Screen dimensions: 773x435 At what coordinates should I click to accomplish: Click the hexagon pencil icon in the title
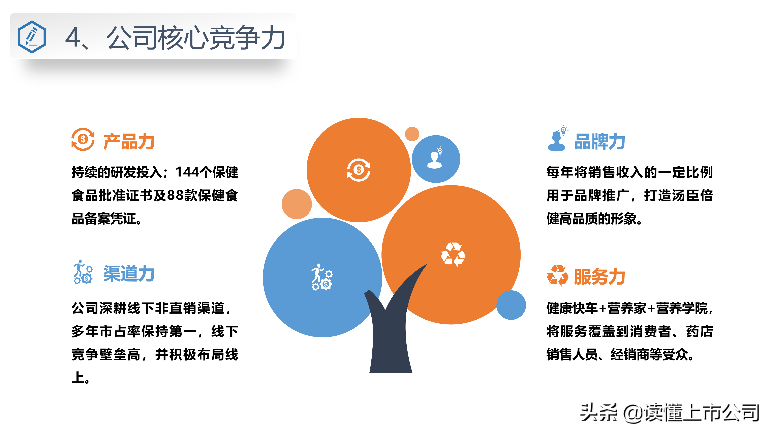coord(32,37)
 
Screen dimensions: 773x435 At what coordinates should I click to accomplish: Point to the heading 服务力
coord(599,277)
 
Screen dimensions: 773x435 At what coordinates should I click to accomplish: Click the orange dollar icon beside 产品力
coord(83,139)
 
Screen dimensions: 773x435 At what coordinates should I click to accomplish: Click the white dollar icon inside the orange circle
coord(359,170)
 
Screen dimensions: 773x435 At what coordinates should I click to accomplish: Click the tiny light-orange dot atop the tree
coord(412,134)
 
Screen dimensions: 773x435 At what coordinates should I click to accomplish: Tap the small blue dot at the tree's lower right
coord(511,305)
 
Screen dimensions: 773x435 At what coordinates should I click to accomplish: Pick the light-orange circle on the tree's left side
coord(297,204)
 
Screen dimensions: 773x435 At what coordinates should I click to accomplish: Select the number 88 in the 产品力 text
coord(175,195)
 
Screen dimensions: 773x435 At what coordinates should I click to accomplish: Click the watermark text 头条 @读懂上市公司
coord(670,413)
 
